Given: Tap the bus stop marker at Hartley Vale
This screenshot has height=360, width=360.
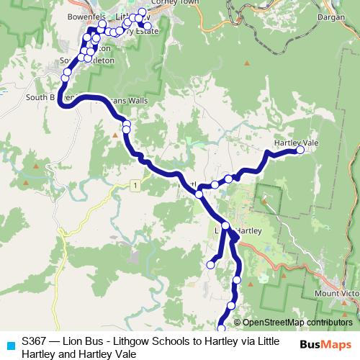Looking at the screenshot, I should (301, 151).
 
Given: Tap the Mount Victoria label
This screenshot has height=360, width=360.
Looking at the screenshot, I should (336, 294).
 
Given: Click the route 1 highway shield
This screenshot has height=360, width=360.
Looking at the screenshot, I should (135, 186).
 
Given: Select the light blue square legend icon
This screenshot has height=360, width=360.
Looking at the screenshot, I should (9, 345).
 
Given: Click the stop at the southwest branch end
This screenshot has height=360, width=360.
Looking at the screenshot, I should (211, 265).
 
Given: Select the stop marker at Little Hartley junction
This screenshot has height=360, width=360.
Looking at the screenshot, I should (226, 226).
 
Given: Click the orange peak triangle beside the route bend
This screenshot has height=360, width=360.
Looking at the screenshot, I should (114, 135).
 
